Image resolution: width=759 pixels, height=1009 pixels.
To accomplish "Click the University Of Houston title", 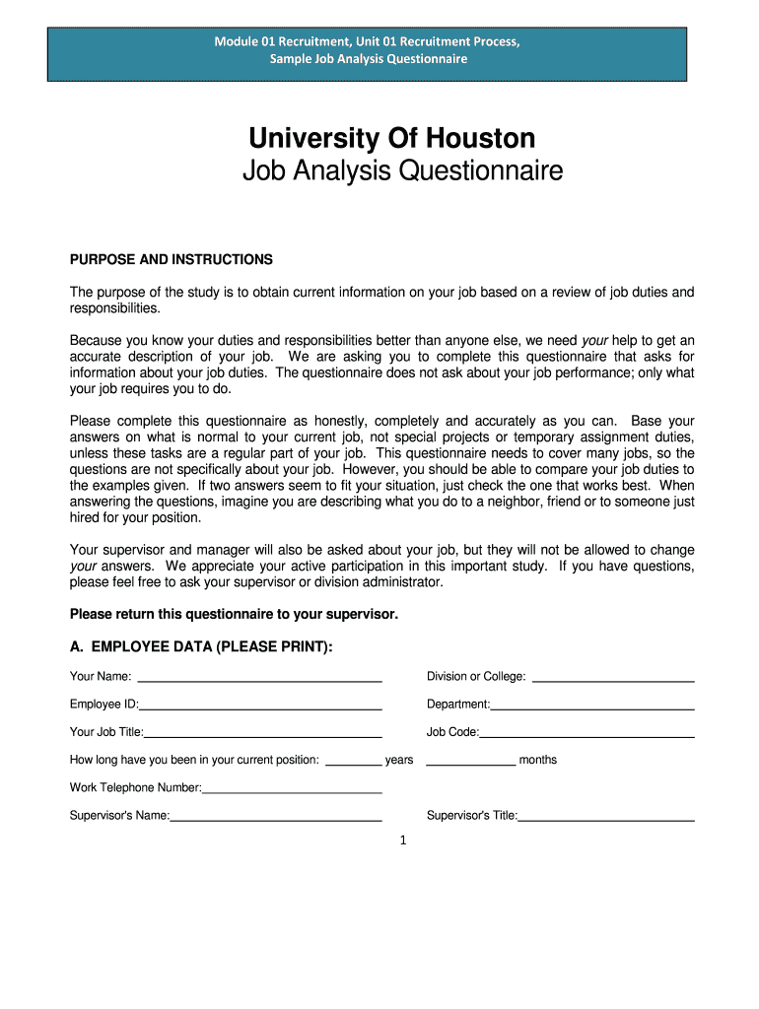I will [x=391, y=137].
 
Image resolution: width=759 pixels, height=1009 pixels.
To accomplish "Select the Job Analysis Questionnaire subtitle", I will [x=402, y=171].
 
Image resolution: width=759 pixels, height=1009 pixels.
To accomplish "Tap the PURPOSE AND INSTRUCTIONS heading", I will [x=171, y=259].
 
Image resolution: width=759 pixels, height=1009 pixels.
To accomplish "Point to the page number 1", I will [x=403, y=841].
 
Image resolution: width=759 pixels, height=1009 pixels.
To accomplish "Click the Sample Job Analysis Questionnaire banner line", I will [x=369, y=59].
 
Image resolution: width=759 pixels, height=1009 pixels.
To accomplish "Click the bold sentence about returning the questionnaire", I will [x=234, y=614].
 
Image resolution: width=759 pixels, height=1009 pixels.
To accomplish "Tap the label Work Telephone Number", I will [x=135, y=787].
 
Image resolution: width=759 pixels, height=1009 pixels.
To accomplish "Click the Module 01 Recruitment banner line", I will [x=368, y=41].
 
